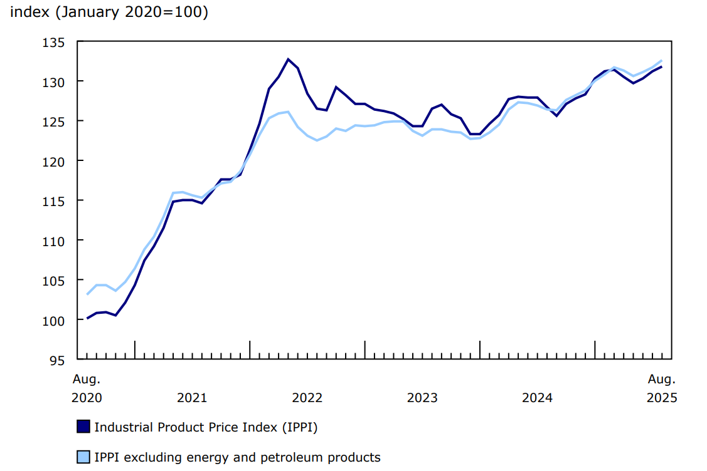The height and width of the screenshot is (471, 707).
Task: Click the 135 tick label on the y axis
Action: click(55, 42)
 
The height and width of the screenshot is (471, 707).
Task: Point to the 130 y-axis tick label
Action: click(55, 81)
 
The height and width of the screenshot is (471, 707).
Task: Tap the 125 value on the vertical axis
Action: click(55, 122)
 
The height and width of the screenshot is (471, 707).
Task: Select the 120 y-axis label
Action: click(55, 161)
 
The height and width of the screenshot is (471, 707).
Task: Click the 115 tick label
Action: click(55, 200)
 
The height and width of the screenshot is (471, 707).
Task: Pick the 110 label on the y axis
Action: click(55, 241)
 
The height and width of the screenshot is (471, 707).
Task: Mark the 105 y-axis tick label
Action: click(55, 280)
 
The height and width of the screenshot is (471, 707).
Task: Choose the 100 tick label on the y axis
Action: click(55, 320)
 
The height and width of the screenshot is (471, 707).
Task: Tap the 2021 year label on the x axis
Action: click(192, 397)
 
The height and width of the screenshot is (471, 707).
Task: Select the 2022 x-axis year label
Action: click(307, 397)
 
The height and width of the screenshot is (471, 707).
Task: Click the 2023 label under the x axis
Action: click(422, 397)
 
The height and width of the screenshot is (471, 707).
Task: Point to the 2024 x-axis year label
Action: click(537, 397)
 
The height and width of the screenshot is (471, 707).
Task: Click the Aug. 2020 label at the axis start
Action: click(87, 388)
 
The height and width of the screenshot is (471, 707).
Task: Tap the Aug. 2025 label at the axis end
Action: click(662, 388)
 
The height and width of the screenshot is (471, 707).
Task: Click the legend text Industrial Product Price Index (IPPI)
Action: click(206, 427)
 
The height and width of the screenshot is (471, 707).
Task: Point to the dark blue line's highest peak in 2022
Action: click(288, 60)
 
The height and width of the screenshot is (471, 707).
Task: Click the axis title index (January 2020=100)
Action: click(109, 13)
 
